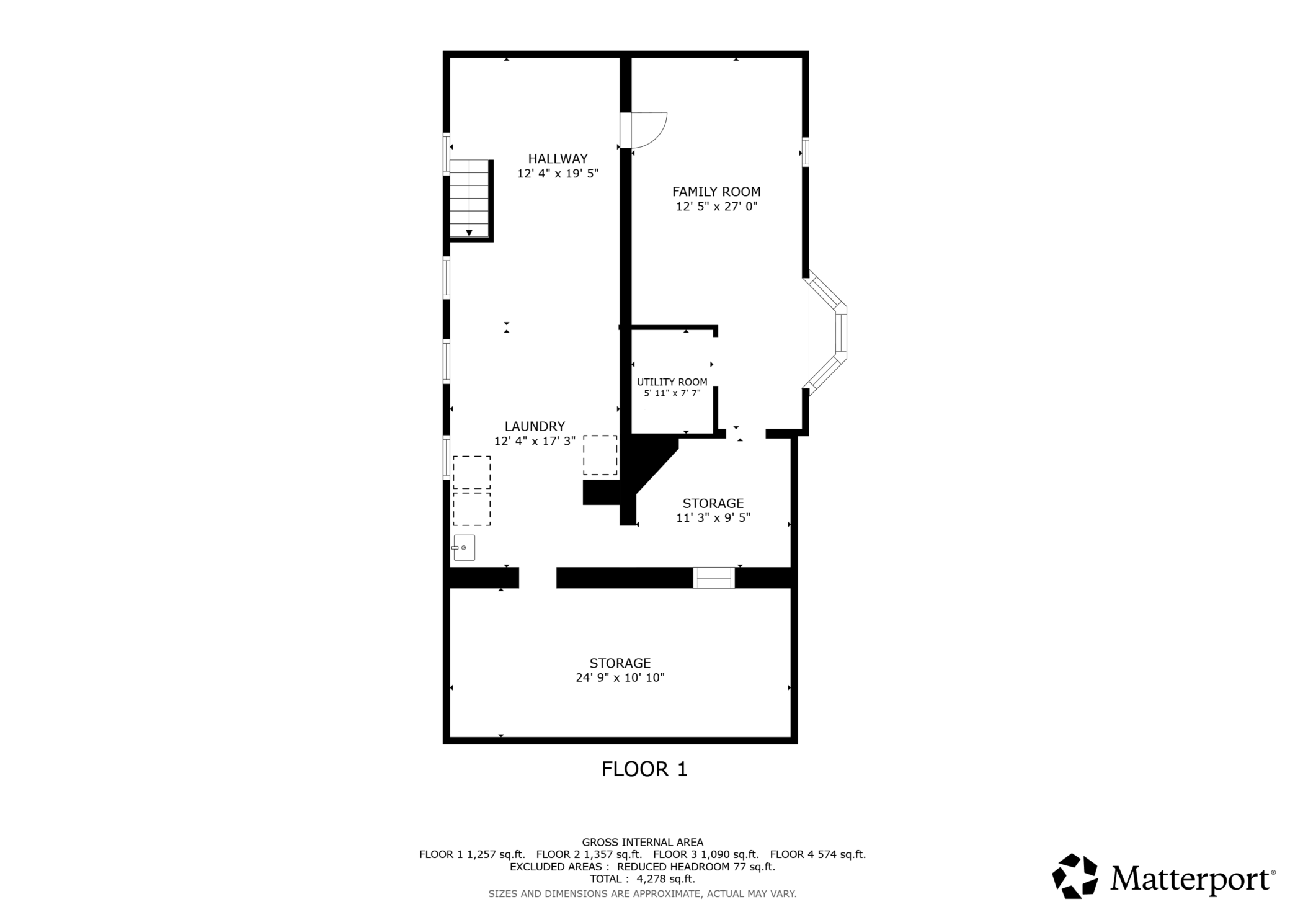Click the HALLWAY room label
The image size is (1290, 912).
pyautogui.click(x=558, y=159)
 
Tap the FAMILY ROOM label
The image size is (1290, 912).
pyautogui.click(x=716, y=192)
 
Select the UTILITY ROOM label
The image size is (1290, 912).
pyautogui.click(x=672, y=382)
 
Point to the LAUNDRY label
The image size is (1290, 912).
pyautogui.click(x=535, y=427)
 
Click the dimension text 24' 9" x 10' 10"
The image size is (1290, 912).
pyautogui.click(x=620, y=677)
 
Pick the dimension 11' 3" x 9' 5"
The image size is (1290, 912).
pyautogui.click(x=713, y=517)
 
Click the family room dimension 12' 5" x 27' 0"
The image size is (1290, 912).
pyautogui.click(x=717, y=207)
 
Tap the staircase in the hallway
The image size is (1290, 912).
pyautogui.click(x=470, y=199)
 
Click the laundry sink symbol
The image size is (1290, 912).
pyautogui.click(x=464, y=548)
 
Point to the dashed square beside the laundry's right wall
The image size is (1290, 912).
pyautogui.click(x=600, y=455)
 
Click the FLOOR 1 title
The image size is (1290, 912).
pyautogui.click(x=644, y=769)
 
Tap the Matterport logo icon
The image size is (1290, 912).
pyautogui.click(x=1075, y=876)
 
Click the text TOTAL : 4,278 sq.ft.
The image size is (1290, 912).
pyautogui.click(x=643, y=879)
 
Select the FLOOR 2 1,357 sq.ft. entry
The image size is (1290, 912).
pyautogui.click(x=589, y=854)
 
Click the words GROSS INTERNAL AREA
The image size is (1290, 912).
pyautogui.click(x=643, y=843)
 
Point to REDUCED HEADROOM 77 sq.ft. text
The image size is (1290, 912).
pyautogui.click(x=696, y=867)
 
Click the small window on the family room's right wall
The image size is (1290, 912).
pyautogui.click(x=806, y=151)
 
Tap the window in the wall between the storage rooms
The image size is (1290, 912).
pyautogui.click(x=714, y=578)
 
